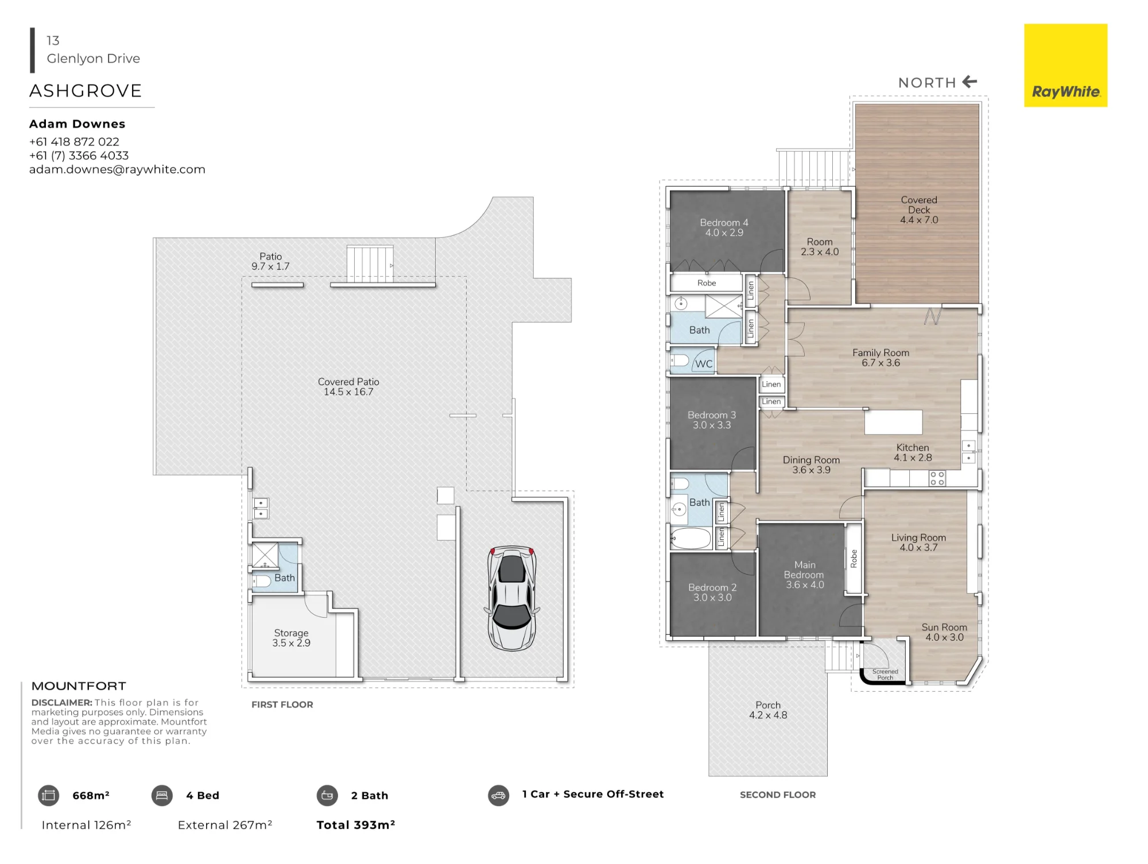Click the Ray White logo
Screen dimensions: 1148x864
point(1065,65)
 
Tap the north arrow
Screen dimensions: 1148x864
point(969,82)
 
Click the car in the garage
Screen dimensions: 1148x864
point(511,598)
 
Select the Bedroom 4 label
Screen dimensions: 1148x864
point(724,223)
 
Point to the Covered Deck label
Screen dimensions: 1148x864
point(919,205)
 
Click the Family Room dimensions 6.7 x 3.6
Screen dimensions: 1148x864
point(881,363)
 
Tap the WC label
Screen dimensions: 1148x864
point(704,364)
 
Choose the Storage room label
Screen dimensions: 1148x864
point(291,633)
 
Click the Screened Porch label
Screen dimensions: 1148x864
point(885,675)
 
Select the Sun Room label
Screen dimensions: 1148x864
point(944,627)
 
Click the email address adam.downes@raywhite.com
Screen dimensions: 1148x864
point(117,169)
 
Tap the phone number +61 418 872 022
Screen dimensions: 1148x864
point(74,142)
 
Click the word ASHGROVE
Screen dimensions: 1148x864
point(86,91)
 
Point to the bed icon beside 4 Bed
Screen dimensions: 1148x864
point(162,796)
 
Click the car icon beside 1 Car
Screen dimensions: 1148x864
point(499,796)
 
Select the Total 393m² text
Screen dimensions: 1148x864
point(356,825)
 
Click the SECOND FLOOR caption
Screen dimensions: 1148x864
point(778,795)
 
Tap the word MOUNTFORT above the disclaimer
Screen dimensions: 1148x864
point(79,686)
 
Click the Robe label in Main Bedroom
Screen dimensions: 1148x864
point(854,559)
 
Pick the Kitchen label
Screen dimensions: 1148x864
point(913,448)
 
